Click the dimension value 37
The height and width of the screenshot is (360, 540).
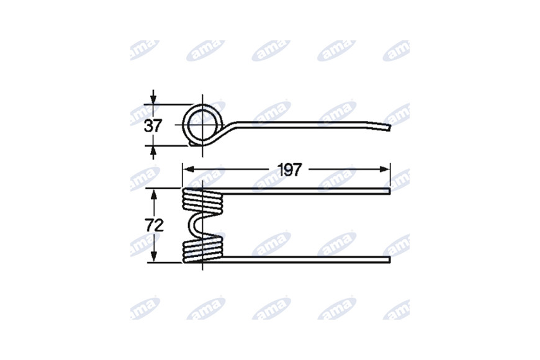coord(153,126)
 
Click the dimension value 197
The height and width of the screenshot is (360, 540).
coord(289,169)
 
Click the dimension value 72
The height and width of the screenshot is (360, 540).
coord(154,226)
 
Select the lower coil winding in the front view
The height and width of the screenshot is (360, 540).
coord(202,251)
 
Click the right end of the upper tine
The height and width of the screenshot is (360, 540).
coord(390,191)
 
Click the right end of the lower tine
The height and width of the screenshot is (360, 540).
coord(390,259)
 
